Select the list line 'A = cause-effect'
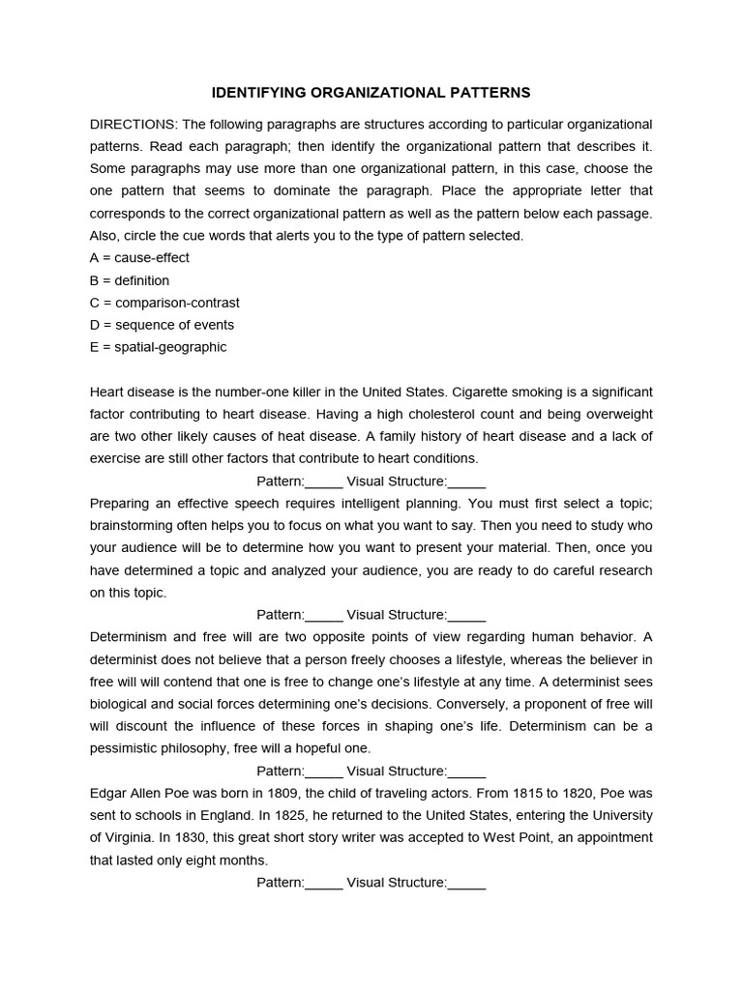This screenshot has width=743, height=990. (139, 258)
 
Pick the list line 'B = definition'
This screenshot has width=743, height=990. (130, 280)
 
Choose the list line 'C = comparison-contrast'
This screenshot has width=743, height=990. (164, 303)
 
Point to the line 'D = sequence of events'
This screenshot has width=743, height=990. (162, 325)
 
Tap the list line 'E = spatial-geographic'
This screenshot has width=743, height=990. (159, 347)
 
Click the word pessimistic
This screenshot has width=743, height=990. (128, 748)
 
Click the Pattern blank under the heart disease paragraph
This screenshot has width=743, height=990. (324, 481)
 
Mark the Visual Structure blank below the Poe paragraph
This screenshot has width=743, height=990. (467, 882)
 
